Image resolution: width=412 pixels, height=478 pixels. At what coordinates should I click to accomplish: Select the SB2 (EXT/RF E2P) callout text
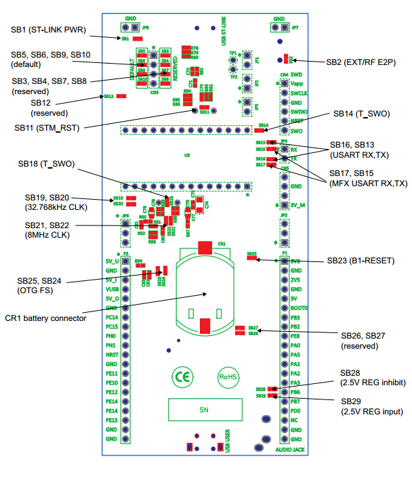click(x=360, y=62)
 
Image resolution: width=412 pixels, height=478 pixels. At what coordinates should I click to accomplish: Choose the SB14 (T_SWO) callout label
click(x=361, y=114)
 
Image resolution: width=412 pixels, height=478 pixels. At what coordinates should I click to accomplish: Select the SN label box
click(x=204, y=410)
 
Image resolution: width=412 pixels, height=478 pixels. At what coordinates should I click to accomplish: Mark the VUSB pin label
click(x=112, y=288)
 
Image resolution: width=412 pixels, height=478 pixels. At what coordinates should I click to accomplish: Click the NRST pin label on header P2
click(x=112, y=354)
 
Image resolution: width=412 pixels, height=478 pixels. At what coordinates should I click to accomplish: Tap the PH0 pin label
click(x=112, y=335)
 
